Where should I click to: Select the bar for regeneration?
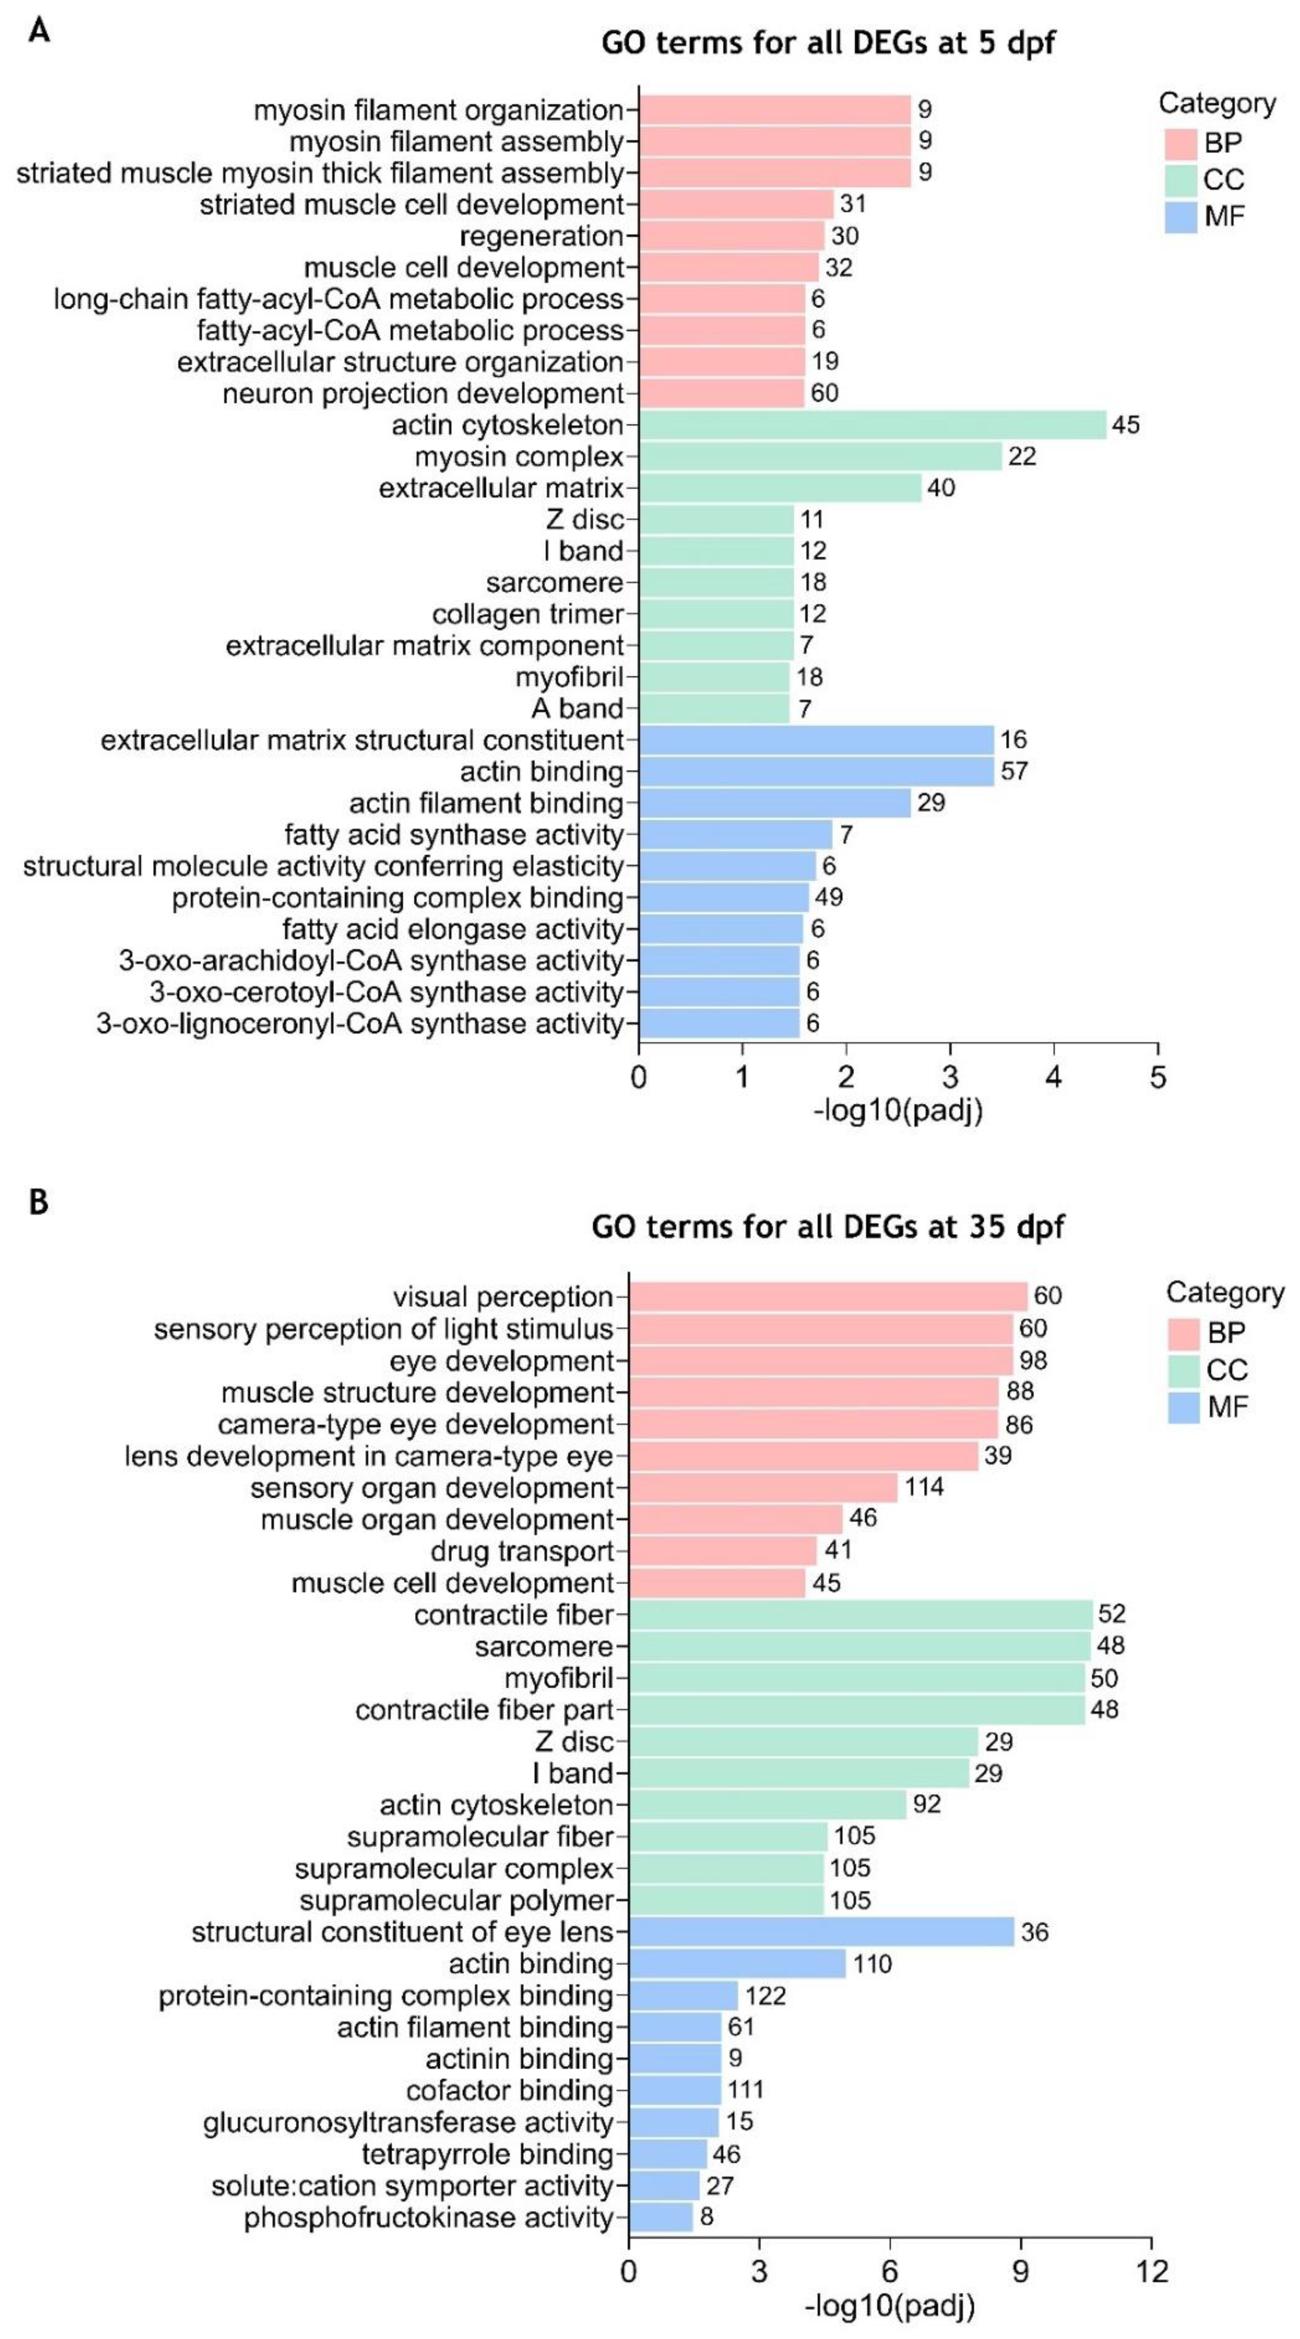pyautogui.click(x=731, y=236)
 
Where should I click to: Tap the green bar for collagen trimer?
pyautogui.click(x=716, y=614)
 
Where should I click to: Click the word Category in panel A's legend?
pyautogui.click(x=1217, y=103)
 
